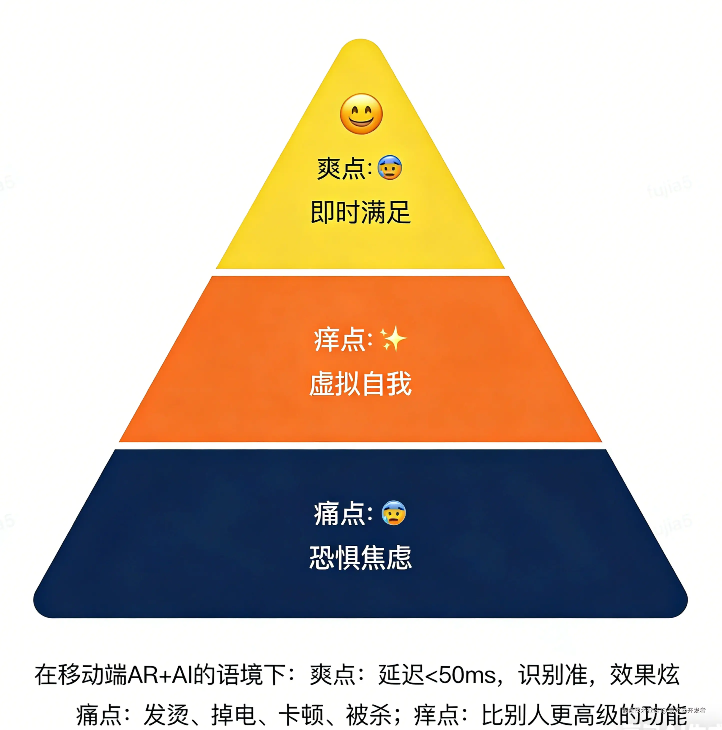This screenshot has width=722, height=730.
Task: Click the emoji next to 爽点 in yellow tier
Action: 390,167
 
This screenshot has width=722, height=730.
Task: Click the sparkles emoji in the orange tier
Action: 393,338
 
